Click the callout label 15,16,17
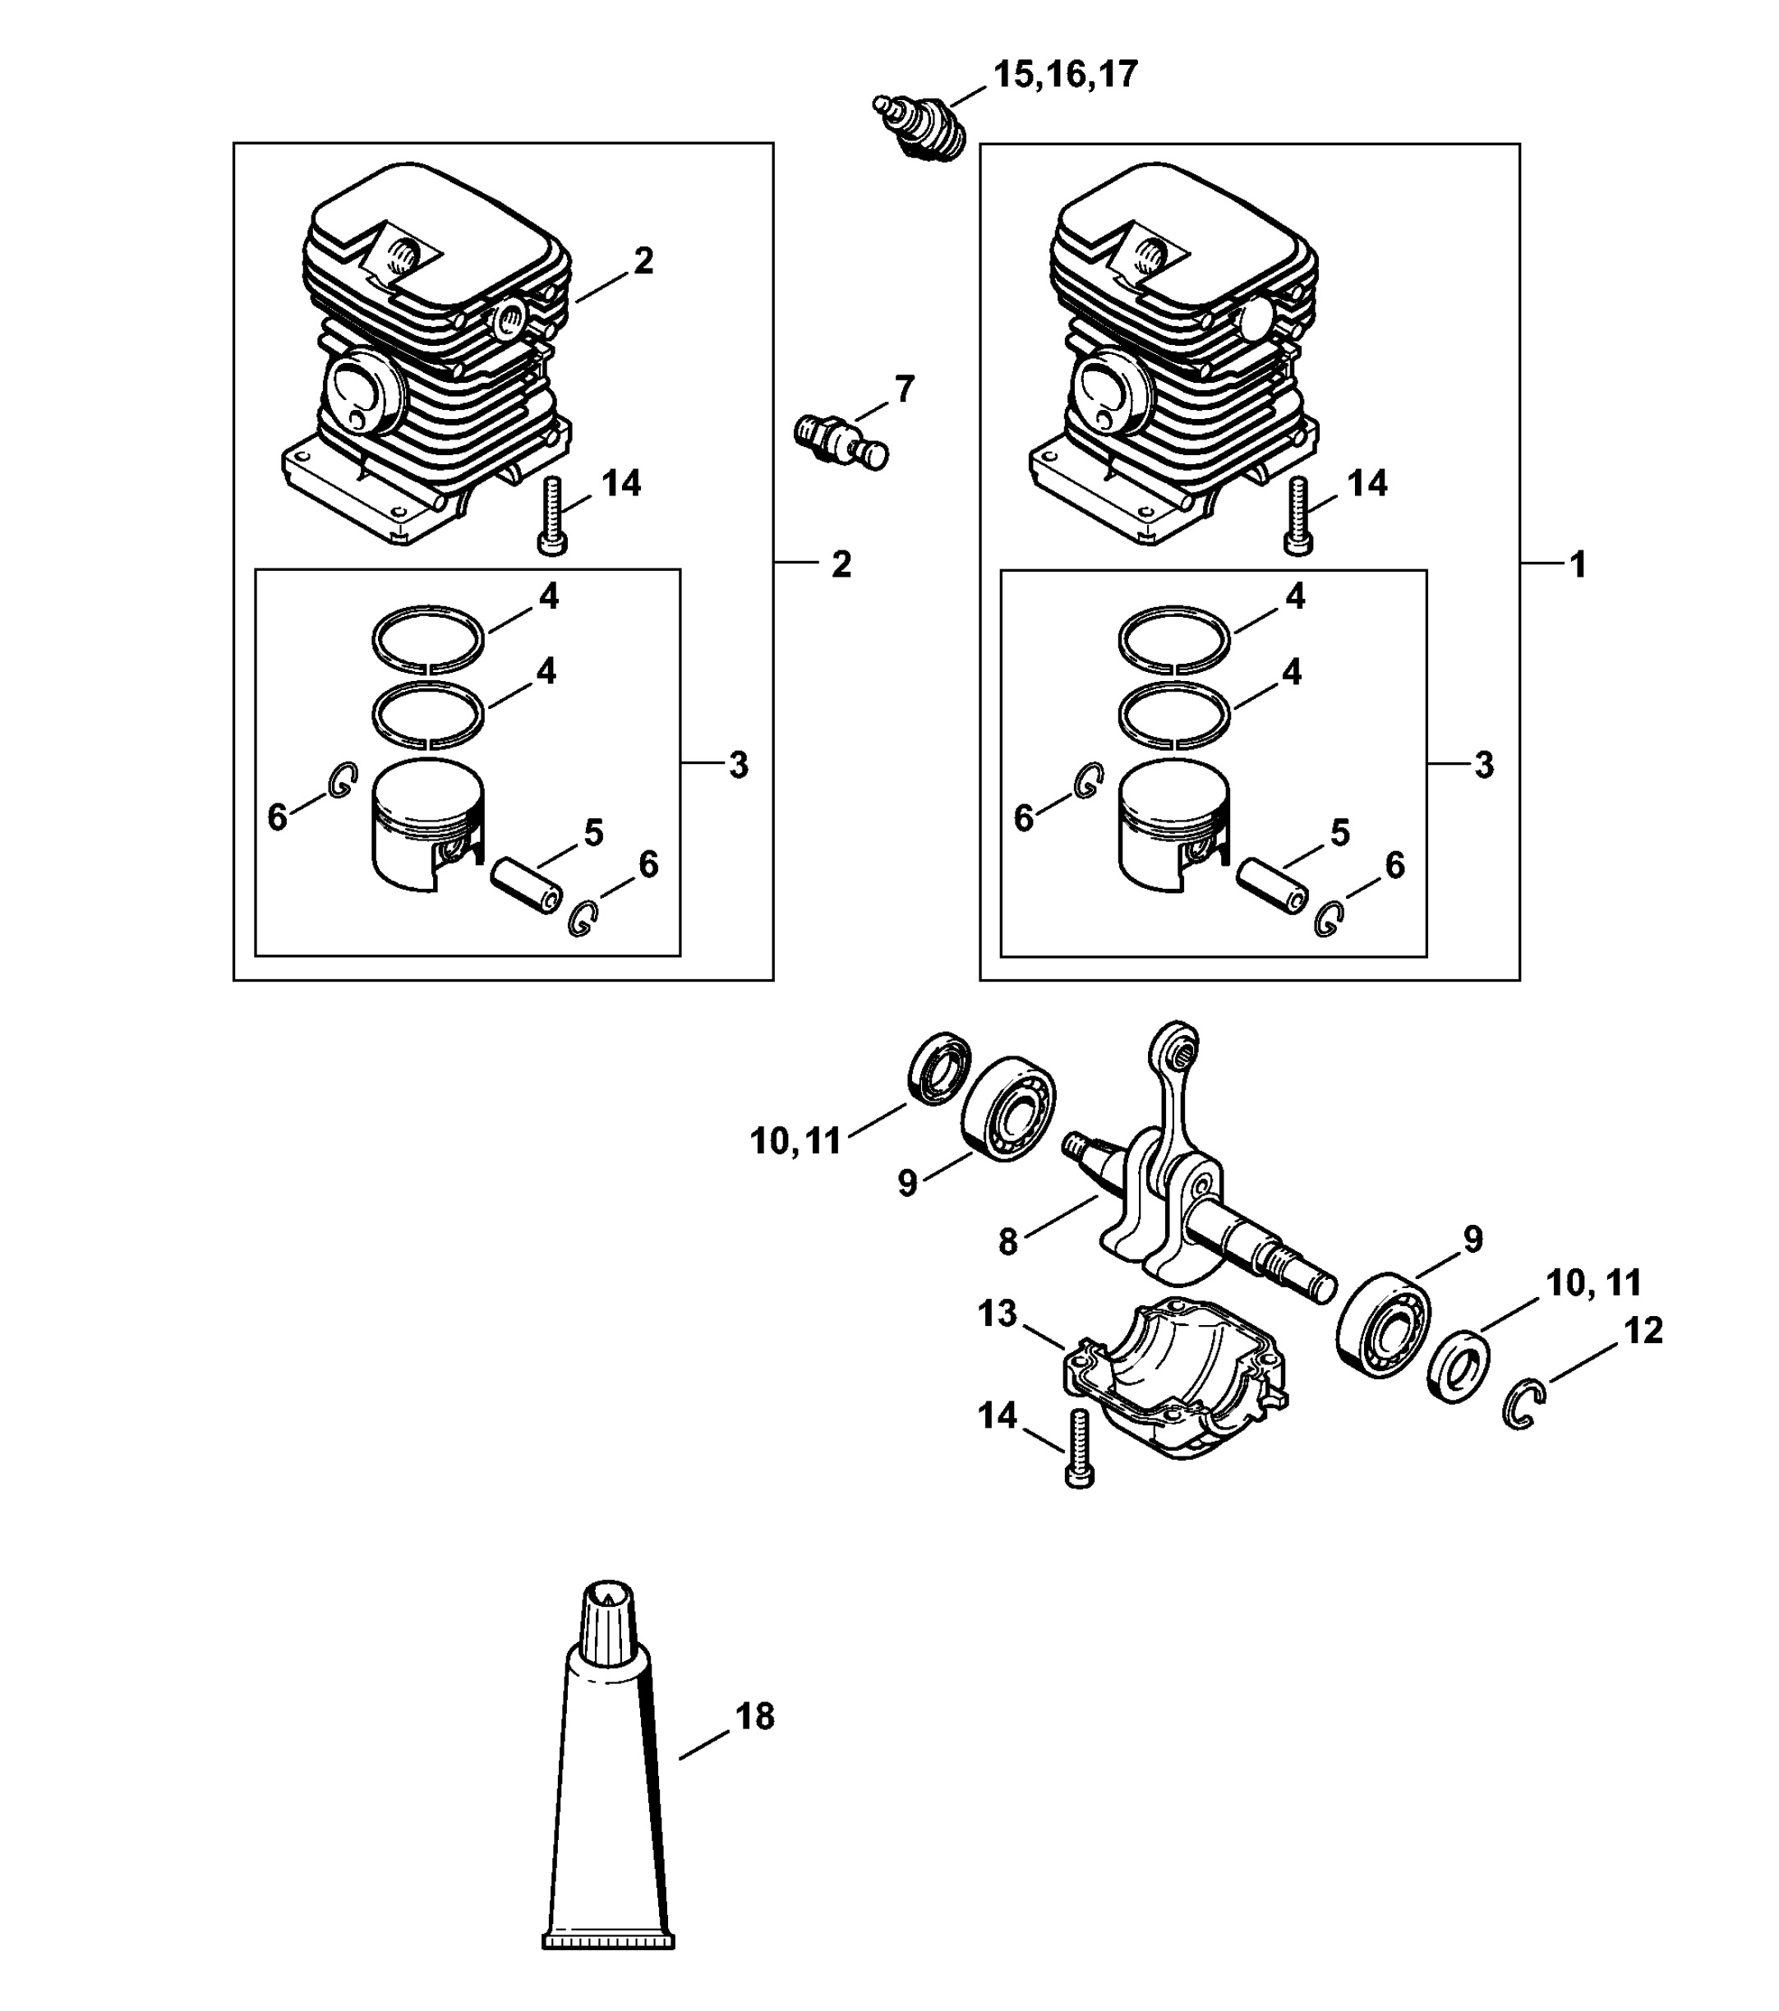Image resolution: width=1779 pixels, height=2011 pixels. coord(1065,75)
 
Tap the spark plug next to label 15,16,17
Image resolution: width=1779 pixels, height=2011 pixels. coord(920,126)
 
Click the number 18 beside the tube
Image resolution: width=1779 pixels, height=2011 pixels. coord(754,1716)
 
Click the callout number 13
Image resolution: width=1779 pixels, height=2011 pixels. coord(997,1313)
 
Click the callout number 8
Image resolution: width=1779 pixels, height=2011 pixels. coord(1007,1241)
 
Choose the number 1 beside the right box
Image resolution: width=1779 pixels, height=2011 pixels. coord(1578,564)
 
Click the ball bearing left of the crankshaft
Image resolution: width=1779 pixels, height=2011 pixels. coord(1007,1104)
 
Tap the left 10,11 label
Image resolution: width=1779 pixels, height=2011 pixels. coord(796,1141)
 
